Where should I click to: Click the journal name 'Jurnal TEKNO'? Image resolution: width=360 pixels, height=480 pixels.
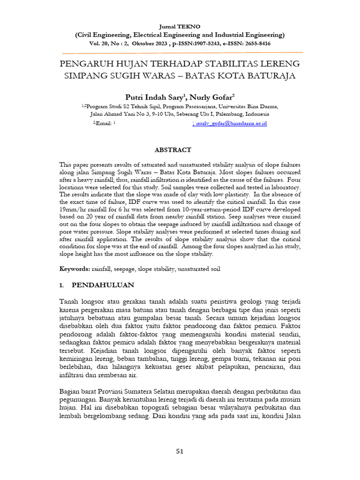(180, 27)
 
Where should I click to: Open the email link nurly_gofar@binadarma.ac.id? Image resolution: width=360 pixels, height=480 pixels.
(231, 123)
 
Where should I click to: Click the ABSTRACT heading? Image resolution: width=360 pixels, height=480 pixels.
(173, 150)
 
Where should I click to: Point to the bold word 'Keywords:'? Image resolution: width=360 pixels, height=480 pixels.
(75, 269)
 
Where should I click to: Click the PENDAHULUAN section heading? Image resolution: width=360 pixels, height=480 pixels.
(103, 285)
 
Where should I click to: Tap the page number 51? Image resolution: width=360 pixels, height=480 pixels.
(180, 451)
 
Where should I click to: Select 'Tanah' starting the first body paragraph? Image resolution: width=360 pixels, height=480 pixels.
(69, 301)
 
